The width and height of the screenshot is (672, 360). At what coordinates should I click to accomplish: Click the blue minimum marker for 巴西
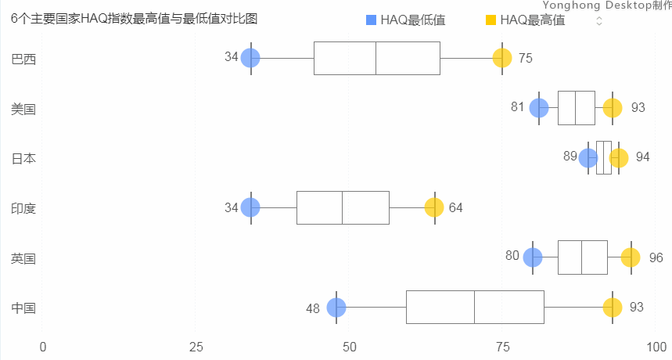click(250, 58)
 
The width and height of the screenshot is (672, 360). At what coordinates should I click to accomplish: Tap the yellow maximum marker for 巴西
click(502, 58)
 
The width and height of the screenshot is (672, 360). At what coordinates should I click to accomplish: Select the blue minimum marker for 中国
click(336, 308)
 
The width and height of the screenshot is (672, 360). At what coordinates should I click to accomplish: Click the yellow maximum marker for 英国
click(631, 257)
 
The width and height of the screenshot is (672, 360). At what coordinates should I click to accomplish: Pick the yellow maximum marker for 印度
click(434, 207)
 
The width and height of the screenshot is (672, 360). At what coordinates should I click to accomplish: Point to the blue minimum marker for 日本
click(588, 158)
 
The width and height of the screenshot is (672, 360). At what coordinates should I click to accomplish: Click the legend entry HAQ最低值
click(406, 20)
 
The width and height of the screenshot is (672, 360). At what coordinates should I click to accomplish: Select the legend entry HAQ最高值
click(525, 20)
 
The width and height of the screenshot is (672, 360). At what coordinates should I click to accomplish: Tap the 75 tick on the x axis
click(502, 347)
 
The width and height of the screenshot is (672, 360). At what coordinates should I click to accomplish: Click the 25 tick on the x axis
click(196, 347)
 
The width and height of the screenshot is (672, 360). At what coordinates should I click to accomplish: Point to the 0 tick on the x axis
click(43, 347)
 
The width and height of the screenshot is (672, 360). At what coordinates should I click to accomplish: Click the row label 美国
click(23, 109)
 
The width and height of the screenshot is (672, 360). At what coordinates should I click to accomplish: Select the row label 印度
click(23, 208)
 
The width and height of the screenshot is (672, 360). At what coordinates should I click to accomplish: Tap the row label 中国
click(23, 308)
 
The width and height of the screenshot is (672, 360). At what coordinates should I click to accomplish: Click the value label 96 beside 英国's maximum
click(656, 257)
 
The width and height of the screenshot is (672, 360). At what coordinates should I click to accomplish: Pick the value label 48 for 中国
click(313, 308)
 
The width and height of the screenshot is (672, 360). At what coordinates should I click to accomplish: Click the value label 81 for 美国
click(517, 107)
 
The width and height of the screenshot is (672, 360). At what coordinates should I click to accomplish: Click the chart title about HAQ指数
click(135, 19)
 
